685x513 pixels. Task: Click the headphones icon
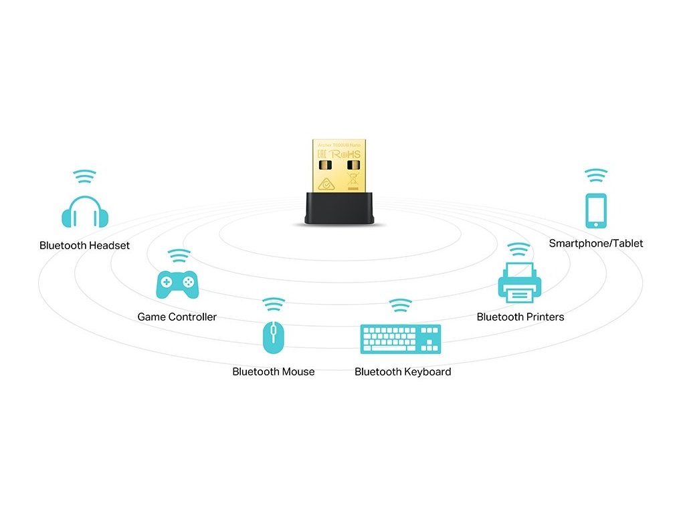(x=84, y=212)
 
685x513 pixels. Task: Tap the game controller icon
(x=177, y=284)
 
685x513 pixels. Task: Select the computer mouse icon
(x=273, y=337)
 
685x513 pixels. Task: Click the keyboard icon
(x=401, y=339)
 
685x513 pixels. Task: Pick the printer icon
(x=519, y=283)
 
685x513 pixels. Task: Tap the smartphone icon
(x=596, y=211)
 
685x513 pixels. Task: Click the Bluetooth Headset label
(x=84, y=245)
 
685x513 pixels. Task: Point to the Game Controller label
(x=177, y=317)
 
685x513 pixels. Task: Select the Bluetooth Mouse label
(x=273, y=371)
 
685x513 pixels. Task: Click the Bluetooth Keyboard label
(x=403, y=371)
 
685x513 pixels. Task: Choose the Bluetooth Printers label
(x=520, y=317)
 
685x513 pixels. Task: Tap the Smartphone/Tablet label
(x=596, y=243)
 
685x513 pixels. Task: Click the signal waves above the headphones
(x=84, y=176)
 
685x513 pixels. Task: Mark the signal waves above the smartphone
(x=596, y=176)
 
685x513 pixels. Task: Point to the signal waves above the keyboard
(x=401, y=305)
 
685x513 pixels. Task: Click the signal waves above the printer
(x=519, y=250)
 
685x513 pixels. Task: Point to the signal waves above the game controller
(x=178, y=256)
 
